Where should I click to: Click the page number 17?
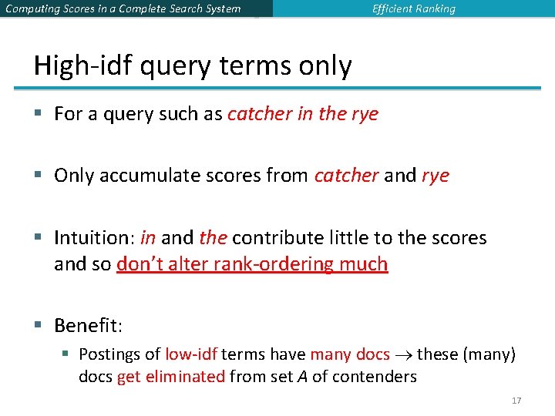[516, 401]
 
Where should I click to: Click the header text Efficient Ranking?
[414, 9]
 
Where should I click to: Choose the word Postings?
[109, 354]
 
